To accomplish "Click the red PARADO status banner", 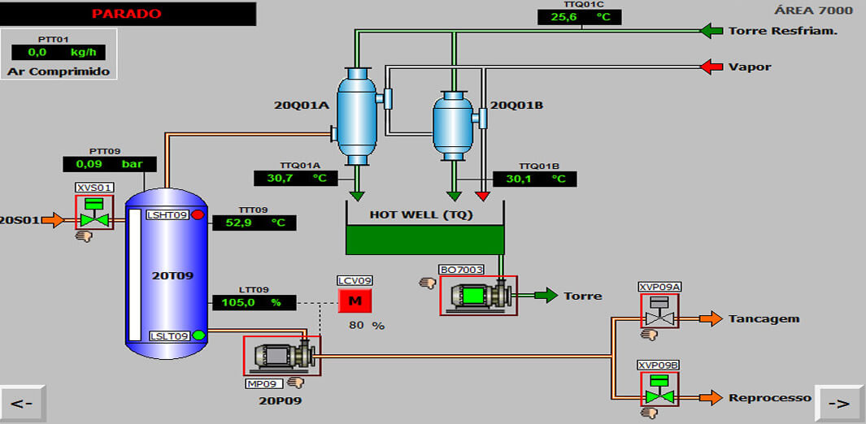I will [128, 14].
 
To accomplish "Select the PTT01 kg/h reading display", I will [58, 52].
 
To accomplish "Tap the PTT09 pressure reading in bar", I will [103, 164].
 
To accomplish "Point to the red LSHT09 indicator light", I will [197, 215].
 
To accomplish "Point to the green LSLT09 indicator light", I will [198, 335].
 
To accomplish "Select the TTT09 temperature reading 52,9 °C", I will [255, 223].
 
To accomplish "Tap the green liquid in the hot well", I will [424, 240].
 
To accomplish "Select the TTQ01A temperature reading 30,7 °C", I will [296, 178].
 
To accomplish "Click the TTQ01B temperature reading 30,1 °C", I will [534, 179].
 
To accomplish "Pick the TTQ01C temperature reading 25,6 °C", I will [579, 17].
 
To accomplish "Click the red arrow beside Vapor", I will [712, 67].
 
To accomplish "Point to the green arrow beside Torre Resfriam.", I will [712, 31].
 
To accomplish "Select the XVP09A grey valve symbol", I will [659, 312].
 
